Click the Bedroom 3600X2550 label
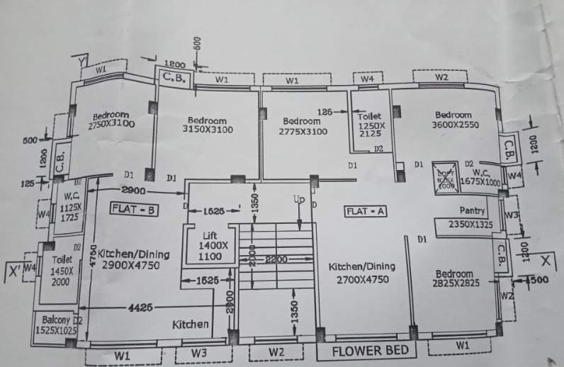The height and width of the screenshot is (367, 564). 453,120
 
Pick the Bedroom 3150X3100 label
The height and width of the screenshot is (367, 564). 206,125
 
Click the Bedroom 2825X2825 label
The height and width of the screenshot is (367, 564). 453,278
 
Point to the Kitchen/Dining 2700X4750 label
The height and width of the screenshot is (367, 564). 361,272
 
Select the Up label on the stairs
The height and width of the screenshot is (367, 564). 299,201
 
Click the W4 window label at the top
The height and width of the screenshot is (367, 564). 366,79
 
